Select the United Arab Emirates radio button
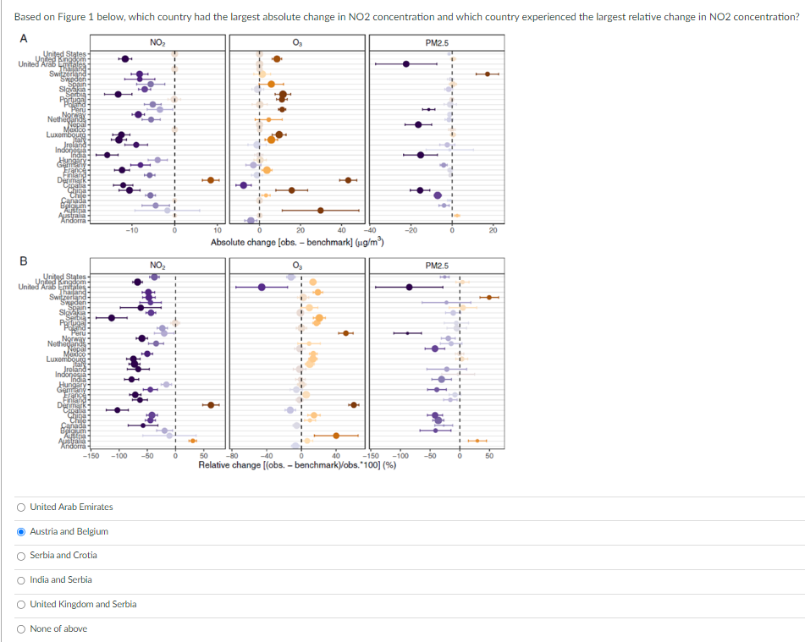click(20, 508)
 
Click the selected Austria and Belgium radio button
click(20, 531)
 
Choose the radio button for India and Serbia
click(20, 579)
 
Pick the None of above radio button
click(20, 628)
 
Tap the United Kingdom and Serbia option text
click(83, 604)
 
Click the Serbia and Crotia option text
click(63, 555)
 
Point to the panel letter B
click(22, 261)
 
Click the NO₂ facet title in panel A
click(157, 42)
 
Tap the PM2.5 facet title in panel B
click(437, 266)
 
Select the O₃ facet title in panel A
click(296, 42)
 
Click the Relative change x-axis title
click(298, 465)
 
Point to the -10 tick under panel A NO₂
click(132, 230)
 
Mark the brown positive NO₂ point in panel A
click(211, 180)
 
